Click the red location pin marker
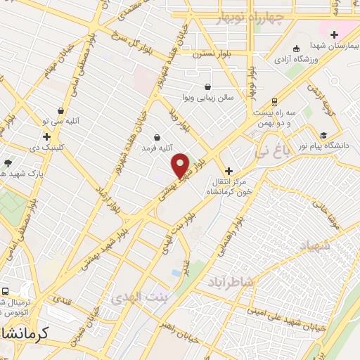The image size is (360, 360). coord(181,165)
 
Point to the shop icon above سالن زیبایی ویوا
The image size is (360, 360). coord(207,86)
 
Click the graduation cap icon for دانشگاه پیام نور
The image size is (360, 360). coord(323,135)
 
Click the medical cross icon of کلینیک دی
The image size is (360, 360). coord(46,137)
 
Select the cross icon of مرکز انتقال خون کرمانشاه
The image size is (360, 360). coord(228,171)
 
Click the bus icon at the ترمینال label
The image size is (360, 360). coord(5,292)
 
